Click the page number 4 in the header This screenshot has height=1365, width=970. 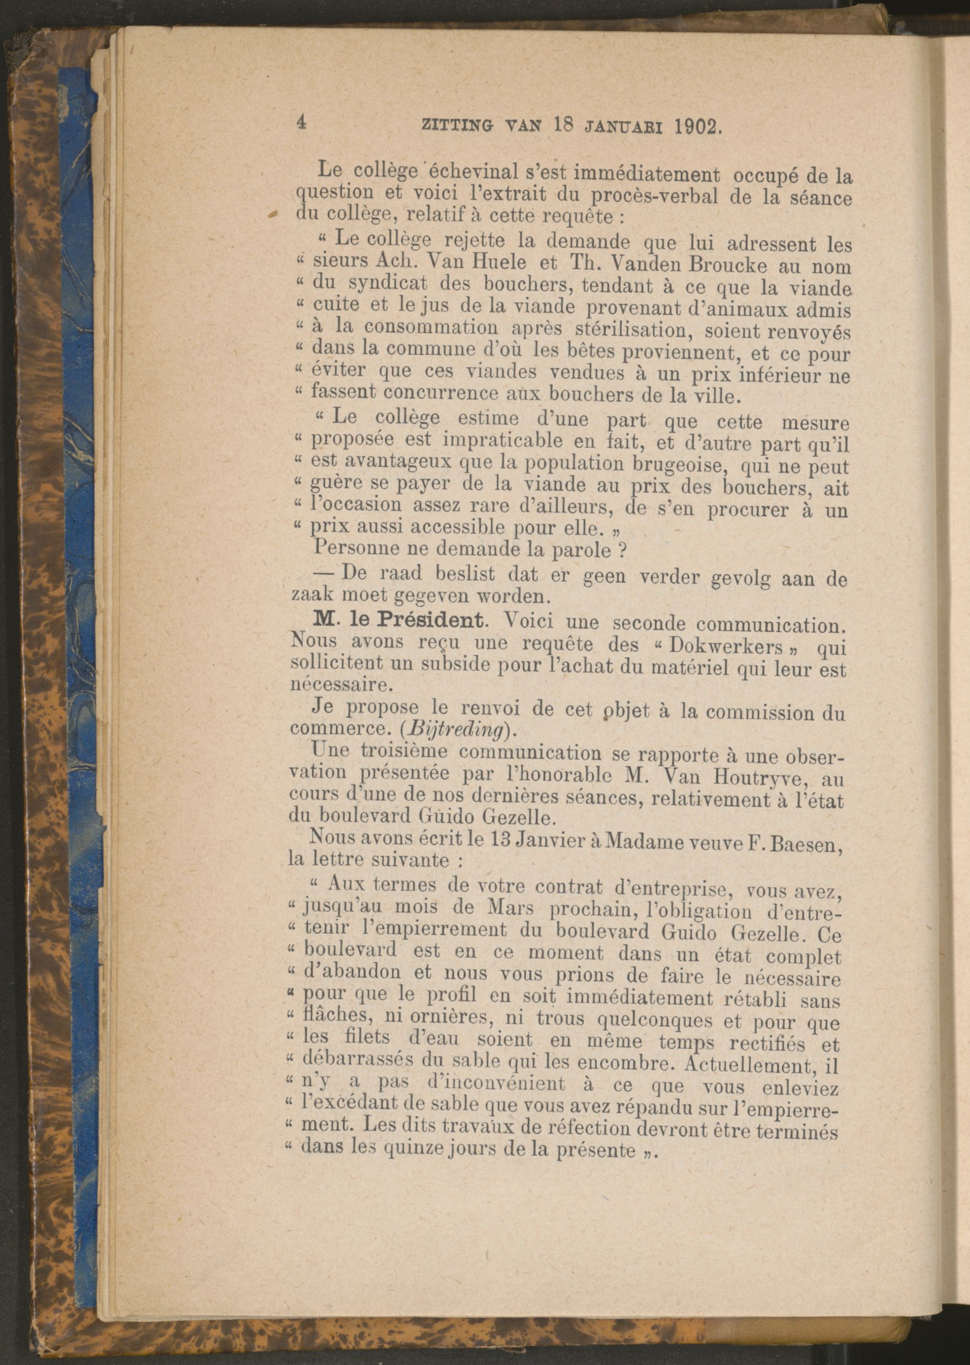point(301,123)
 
